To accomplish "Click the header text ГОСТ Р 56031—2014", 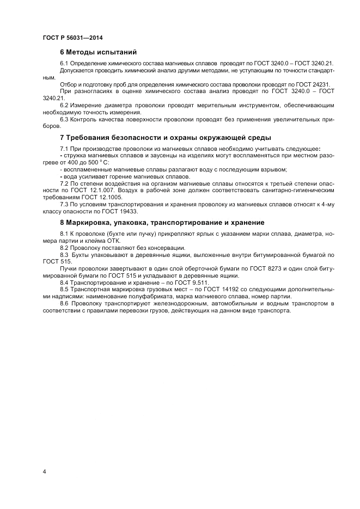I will coord(72,38).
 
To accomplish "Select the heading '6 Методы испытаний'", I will coord(98,52).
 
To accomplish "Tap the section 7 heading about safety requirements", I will coord(165,137).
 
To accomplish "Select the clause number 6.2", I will coord(64,105).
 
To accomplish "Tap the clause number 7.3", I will coord(64,204).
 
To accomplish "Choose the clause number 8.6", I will coord(64,303).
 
